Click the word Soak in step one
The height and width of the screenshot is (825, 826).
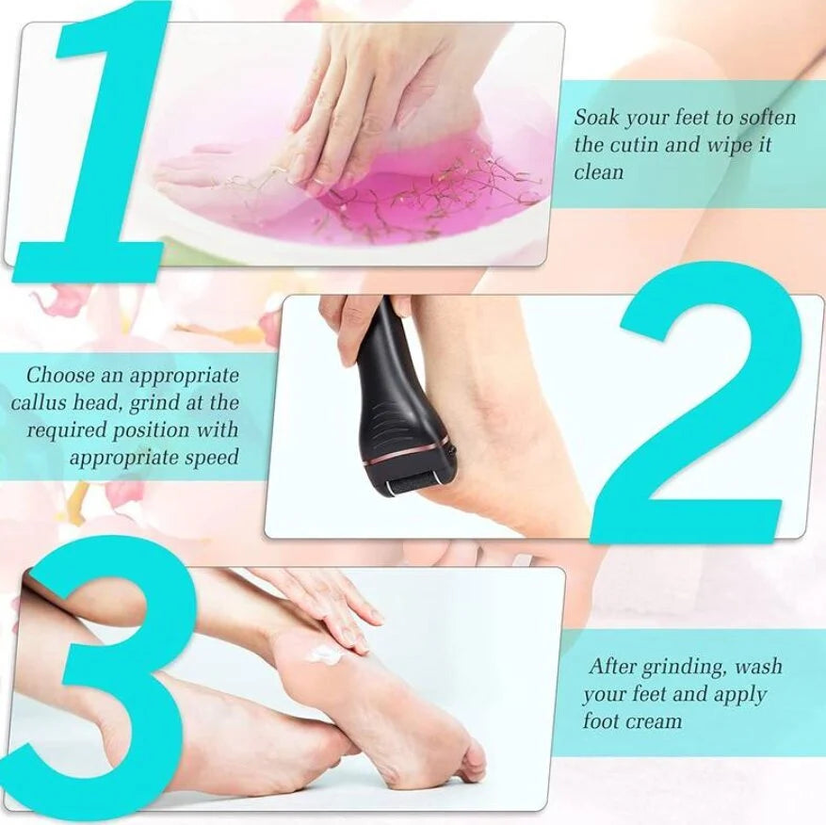[596, 117]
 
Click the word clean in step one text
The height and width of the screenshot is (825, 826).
[598, 172]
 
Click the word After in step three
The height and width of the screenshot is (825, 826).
[612, 666]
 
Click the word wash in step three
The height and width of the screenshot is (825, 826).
[758, 667]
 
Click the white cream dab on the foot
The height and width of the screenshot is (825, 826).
[325, 655]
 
